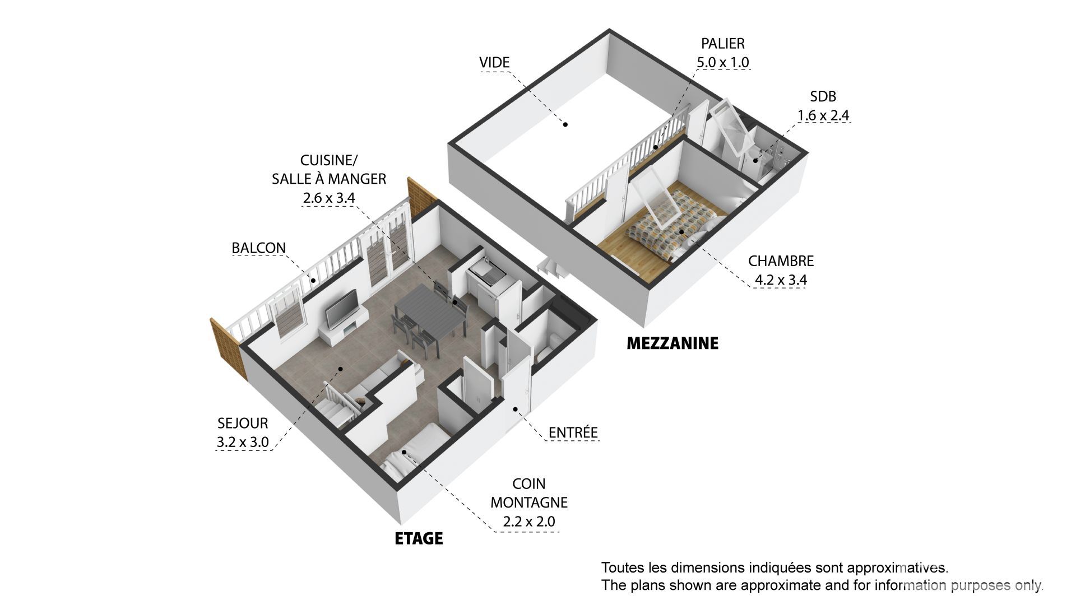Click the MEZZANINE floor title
(672, 343)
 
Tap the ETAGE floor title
(419, 538)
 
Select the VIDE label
(494, 62)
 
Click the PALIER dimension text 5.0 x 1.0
(722, 62)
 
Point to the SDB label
(823, 96)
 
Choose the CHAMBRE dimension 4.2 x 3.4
(781, 279)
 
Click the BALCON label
(259, 248)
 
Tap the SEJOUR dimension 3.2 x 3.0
(243, 442)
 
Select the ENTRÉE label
(573, 432)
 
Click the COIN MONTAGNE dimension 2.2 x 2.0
(529, 522)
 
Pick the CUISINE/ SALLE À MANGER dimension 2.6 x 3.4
(329, 197)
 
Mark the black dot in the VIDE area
(565, 124)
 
